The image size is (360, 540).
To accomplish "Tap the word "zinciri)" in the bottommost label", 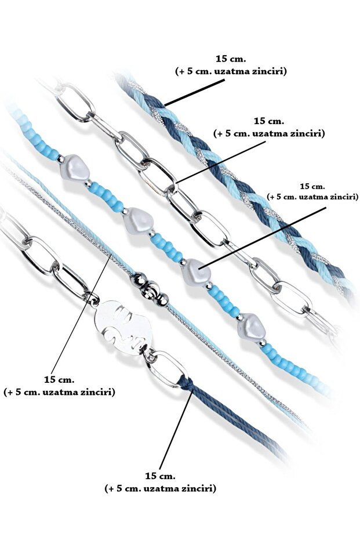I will tap(197, 488).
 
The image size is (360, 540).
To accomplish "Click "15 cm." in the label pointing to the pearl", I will tap(313, 186).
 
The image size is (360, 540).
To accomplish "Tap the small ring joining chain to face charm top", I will tap(93, 298).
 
